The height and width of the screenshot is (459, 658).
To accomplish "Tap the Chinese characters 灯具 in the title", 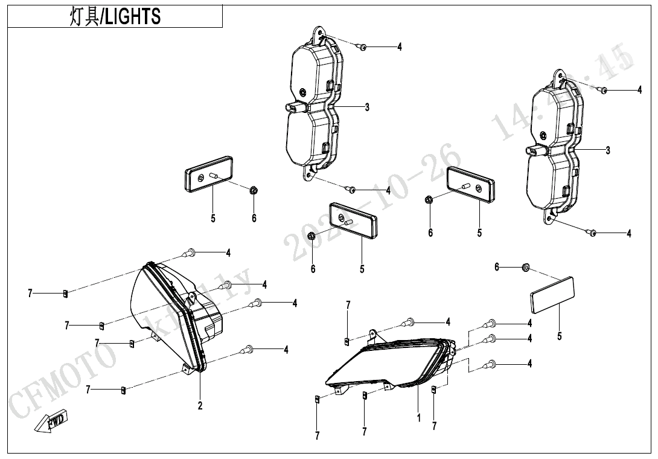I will click(x=84, y=16).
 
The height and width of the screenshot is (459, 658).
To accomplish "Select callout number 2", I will click(x=200, y=405).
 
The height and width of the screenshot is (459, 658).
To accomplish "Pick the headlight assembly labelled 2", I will click(x=172, y=320).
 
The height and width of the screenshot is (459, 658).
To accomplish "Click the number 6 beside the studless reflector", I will click(x=497, y=266).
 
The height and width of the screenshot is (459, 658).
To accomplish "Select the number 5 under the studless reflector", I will click(x=560, y=336).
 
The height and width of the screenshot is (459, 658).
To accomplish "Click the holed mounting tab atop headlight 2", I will click(x=191, y=297).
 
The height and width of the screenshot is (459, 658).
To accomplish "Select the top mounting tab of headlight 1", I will click(x=374, y=334).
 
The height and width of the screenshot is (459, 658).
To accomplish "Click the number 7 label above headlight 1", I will click(x=348, y=305).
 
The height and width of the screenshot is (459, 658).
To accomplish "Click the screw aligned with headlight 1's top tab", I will click(x=410, y=322).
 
